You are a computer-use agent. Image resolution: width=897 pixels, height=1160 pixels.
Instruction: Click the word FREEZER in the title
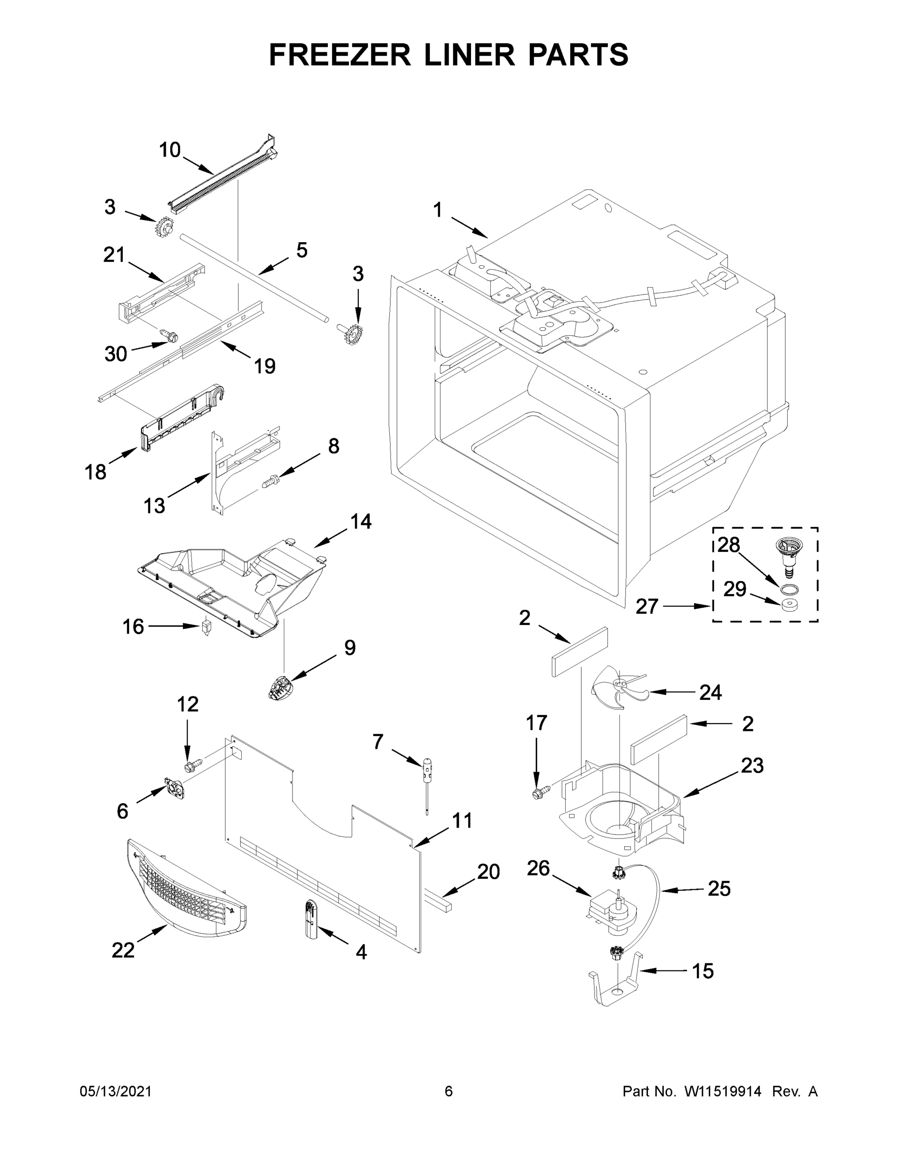340,55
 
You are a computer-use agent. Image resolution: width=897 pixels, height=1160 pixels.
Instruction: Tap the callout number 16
133,627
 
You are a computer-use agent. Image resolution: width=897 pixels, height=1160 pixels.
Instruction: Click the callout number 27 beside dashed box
647,606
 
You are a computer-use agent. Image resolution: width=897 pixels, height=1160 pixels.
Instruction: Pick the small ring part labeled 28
789,588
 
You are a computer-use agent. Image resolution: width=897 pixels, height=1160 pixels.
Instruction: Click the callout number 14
361,522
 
